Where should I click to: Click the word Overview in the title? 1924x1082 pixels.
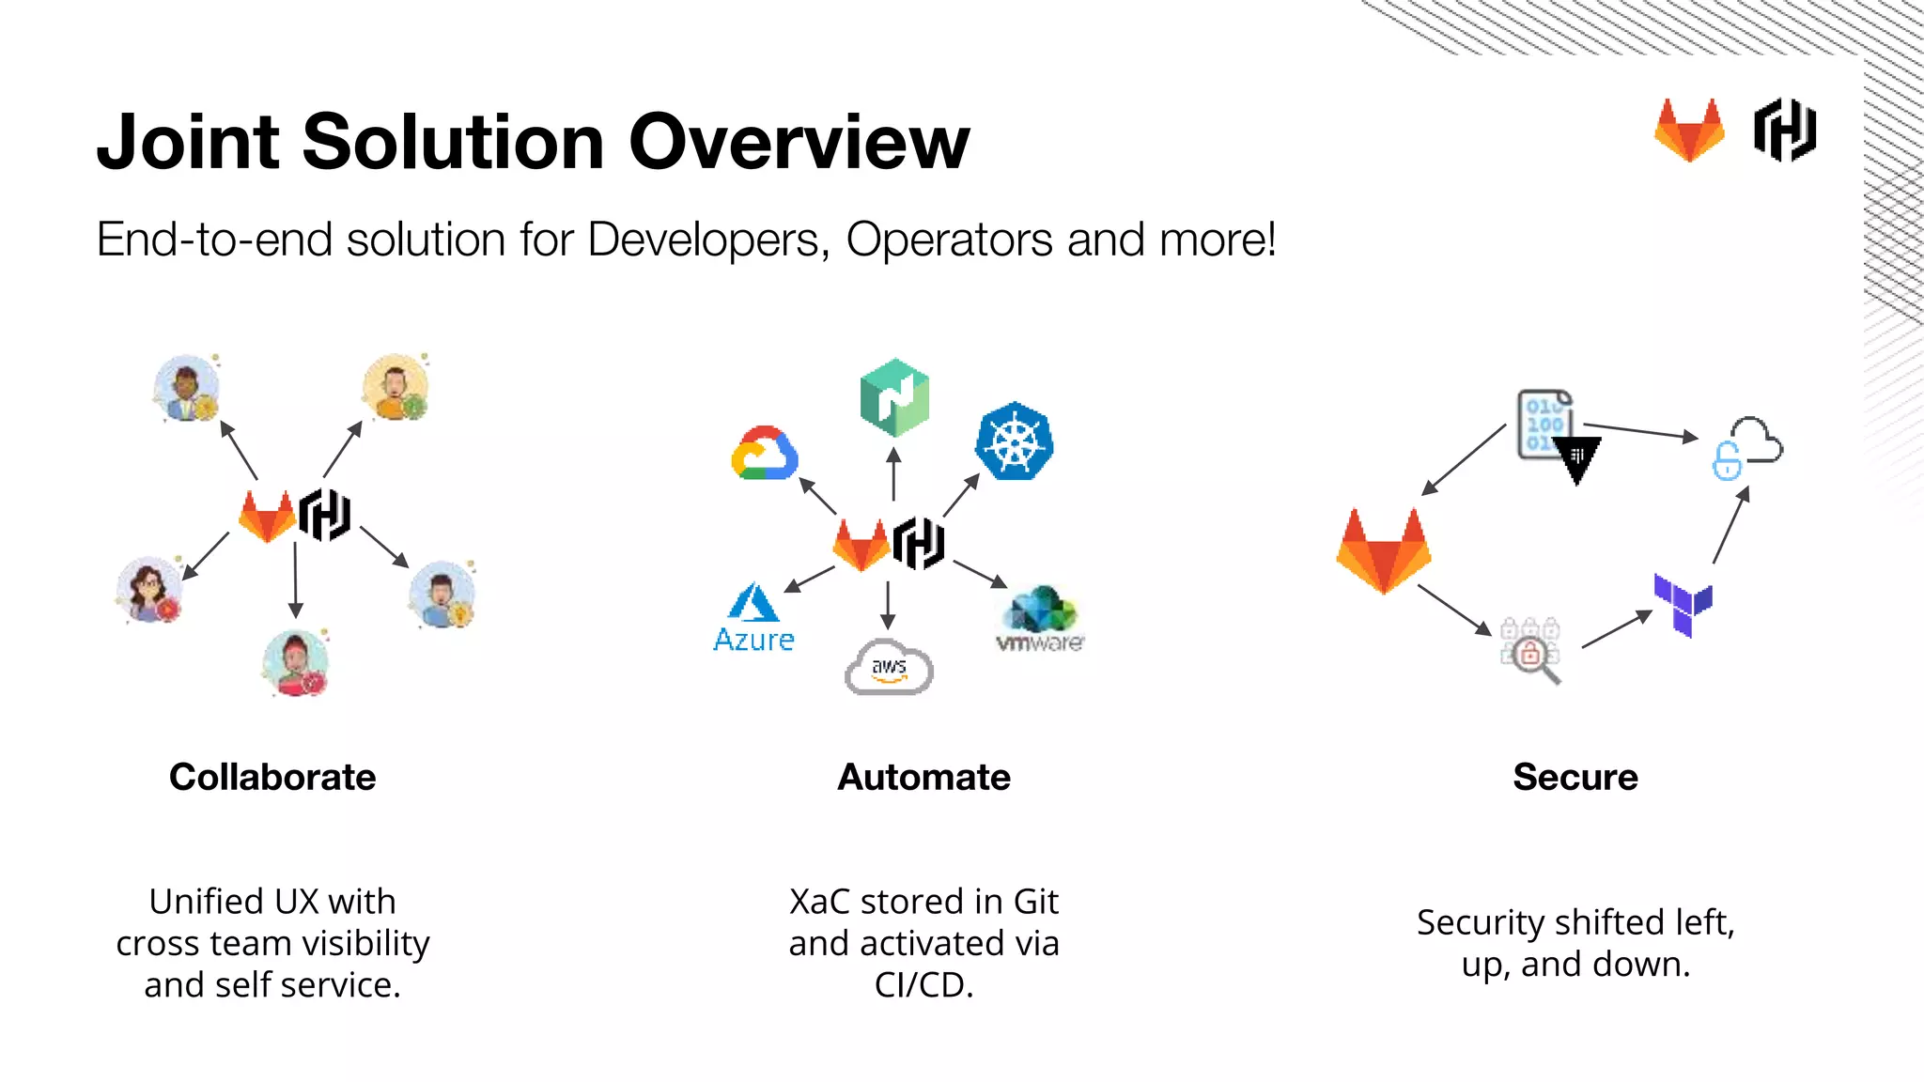799,143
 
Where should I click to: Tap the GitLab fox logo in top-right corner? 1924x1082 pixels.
1689,131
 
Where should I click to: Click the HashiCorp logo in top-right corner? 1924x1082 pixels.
1784,131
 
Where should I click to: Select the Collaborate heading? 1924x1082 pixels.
272,778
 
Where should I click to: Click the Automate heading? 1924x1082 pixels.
923,778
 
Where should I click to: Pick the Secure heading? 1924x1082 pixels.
1575,778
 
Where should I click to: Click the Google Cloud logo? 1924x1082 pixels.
765,454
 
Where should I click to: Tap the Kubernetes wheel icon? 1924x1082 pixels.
1014,442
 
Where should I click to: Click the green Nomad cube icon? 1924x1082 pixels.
894,397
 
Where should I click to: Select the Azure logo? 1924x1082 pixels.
753,618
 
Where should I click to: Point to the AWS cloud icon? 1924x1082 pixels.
889,668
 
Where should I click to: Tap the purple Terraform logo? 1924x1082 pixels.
1683,605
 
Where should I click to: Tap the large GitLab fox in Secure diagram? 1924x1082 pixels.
1383,551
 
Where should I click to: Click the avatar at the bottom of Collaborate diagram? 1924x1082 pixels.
296,663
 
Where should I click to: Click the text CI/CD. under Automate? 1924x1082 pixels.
923,985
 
